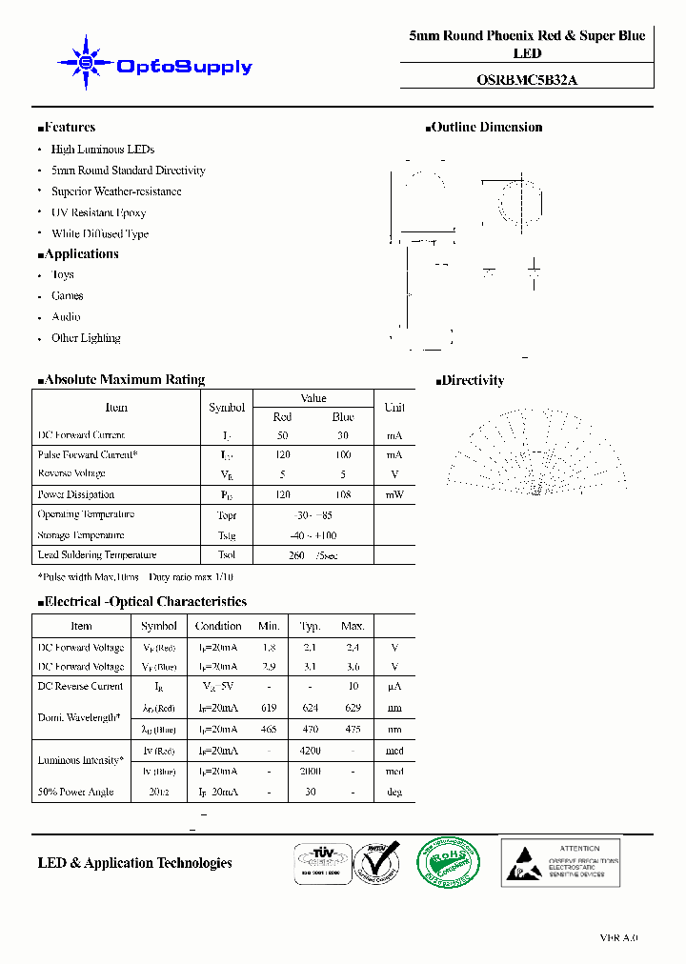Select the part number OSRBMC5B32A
(x=526, y=81)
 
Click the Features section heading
(x=67, y=127)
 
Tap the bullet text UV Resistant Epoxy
(x=98, y=212)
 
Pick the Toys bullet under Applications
(x=63, y=274)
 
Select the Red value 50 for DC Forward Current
(x=283, y=435)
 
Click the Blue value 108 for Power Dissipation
(x=343, y=494)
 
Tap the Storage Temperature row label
(x=81, y=535)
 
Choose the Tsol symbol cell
(x=227, y=555)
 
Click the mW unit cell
(x=394, y=494)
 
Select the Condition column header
(x=218, y=626)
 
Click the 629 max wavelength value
(x=353, y=708)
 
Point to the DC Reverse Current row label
(x=81, y=686)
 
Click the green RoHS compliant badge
(x=451, y=863)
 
